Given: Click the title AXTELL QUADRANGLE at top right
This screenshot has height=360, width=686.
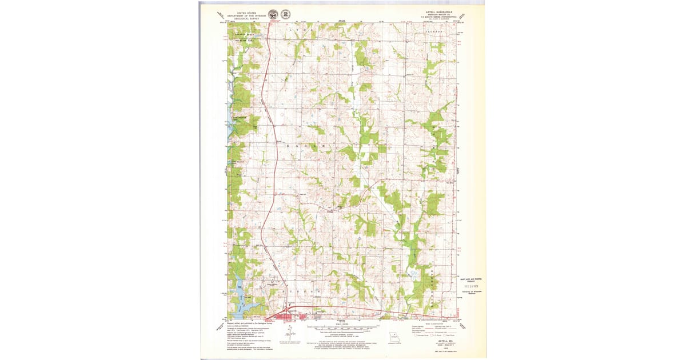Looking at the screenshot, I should click(x=435, y=11).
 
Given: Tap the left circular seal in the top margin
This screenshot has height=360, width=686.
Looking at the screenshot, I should click(x=273, y=14).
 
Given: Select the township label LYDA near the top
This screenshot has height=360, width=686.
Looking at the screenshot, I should click(x=303, y=27).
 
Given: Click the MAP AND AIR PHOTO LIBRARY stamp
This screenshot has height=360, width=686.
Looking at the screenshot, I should click(x=472, y=281).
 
